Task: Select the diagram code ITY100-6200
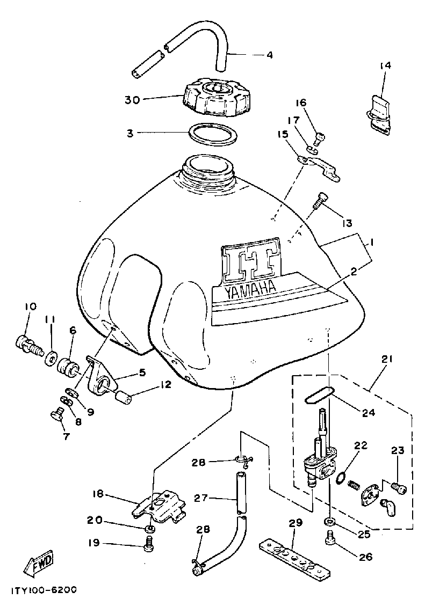coord(44,589)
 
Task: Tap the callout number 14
coord(385,65)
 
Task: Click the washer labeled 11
coord(53,355)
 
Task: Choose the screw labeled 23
coord(398,488)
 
